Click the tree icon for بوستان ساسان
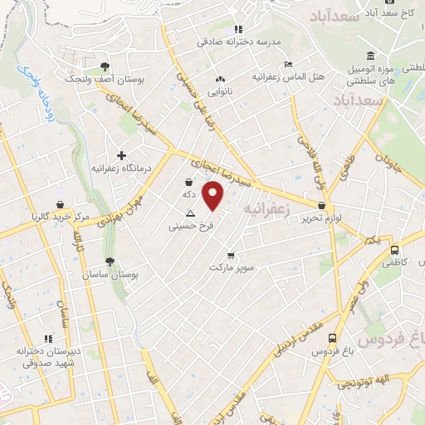[x=109, y=261]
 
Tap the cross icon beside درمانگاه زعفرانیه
[x=122, y=155]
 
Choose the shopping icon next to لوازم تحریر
[x=321, y=205]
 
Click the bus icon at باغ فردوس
[x=332, y=338]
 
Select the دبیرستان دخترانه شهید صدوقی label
[x=48, y=357]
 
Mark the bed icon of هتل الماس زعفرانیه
[x=288, y=65]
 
